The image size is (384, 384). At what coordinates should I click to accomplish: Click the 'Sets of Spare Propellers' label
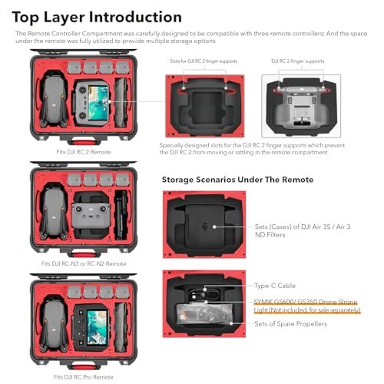pyautogui.click(x=292, y=325)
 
